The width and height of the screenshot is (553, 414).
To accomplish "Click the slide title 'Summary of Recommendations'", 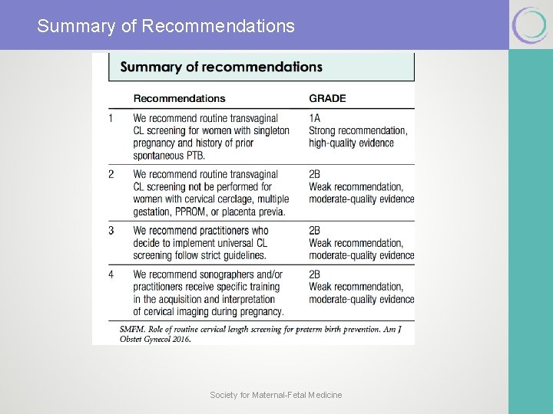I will tap(166, 26).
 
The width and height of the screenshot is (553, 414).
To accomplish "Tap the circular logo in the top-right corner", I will tap(530, 25).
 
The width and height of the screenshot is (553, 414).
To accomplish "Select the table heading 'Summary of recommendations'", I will tap(221, 67).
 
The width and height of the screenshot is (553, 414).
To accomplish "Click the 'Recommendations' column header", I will tap(179, 98).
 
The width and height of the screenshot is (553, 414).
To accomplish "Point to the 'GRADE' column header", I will tap(327, 98).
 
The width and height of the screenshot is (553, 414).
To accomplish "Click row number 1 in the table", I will tap(111, 118).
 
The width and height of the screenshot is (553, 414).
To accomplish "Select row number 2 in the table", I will tap(111, 174).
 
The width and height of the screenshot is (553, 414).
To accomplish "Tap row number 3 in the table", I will tap(111, 230).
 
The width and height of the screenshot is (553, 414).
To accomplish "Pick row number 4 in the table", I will tap(111, 274).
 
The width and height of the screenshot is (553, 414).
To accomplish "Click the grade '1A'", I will tap(315, 118).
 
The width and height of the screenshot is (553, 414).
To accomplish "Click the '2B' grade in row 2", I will tap(315, 174).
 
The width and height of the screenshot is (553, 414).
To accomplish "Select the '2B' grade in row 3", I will tap(315, 230).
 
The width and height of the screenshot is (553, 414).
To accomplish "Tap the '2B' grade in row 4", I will tap(315, 274).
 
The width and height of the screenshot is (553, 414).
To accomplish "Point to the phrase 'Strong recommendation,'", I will tap(358, 130).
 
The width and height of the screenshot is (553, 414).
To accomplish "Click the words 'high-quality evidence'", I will tap(351, 143).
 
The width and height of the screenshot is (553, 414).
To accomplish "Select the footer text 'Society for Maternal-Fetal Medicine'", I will tap(276, 395).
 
